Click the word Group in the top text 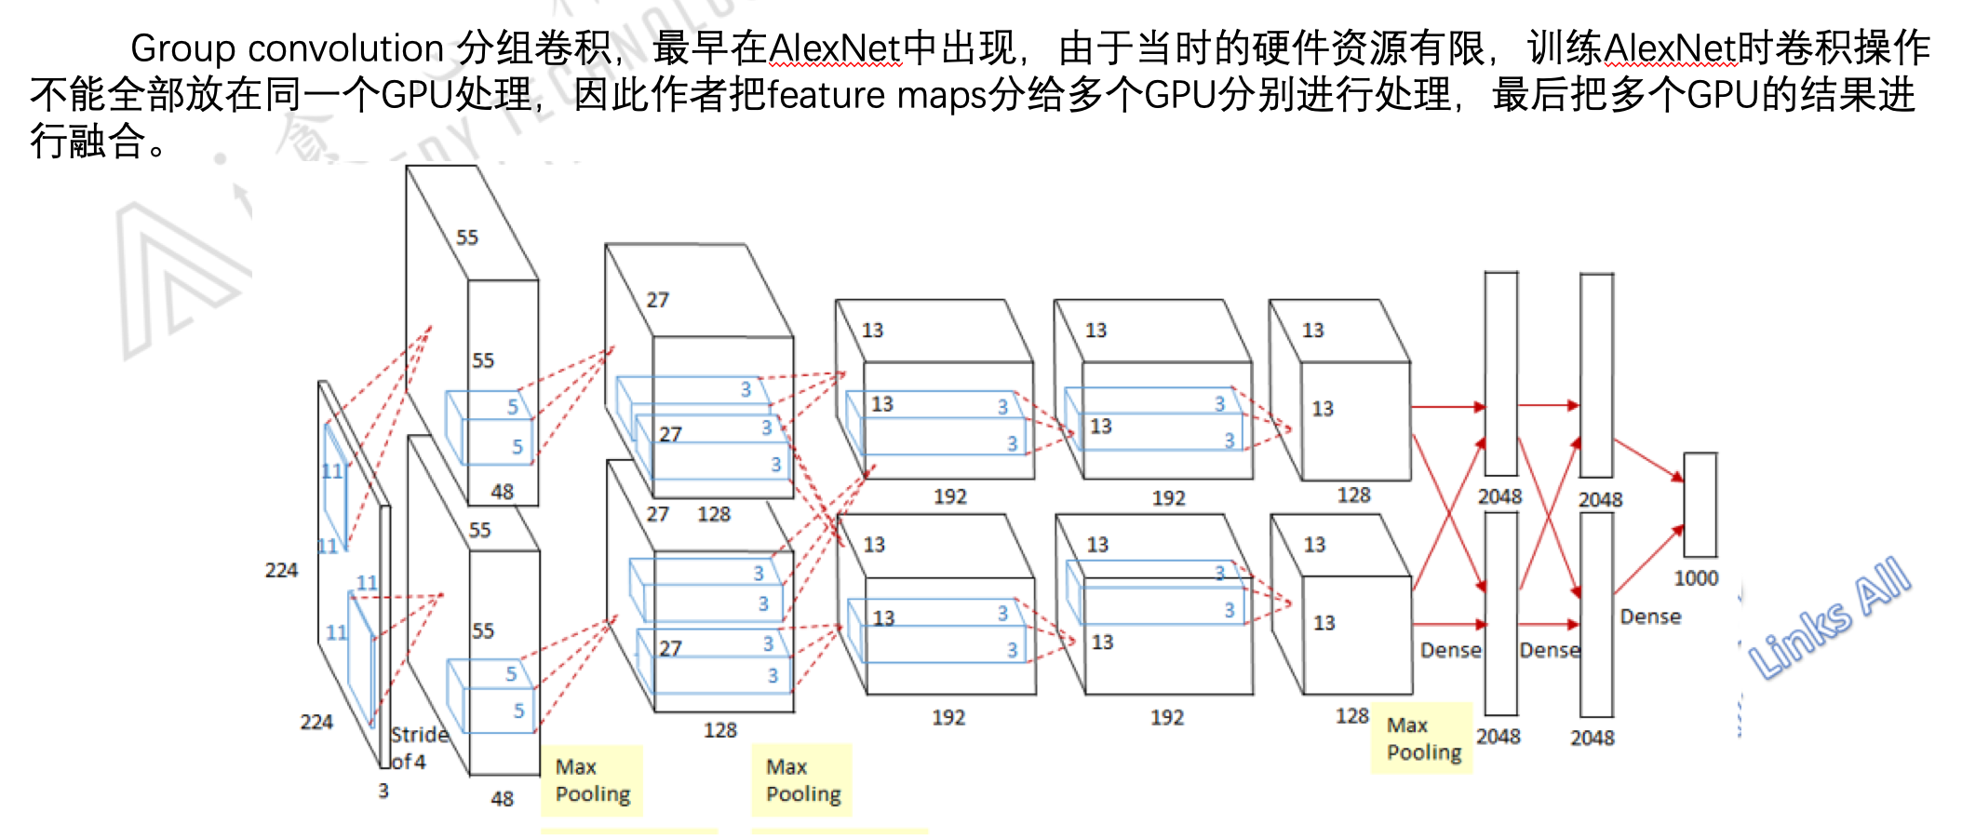183,48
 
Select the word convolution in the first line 345,48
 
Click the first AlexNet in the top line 835,48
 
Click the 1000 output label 1696,578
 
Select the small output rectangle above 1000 1700,505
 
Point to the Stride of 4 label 419,747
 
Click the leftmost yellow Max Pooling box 592,780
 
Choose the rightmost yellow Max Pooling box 1422,738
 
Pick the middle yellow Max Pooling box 802,780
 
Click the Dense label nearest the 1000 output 1650,616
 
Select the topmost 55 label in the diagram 466,237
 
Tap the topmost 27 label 657,300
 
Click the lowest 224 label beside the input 316,722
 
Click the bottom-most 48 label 502,798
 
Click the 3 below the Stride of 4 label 383,791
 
